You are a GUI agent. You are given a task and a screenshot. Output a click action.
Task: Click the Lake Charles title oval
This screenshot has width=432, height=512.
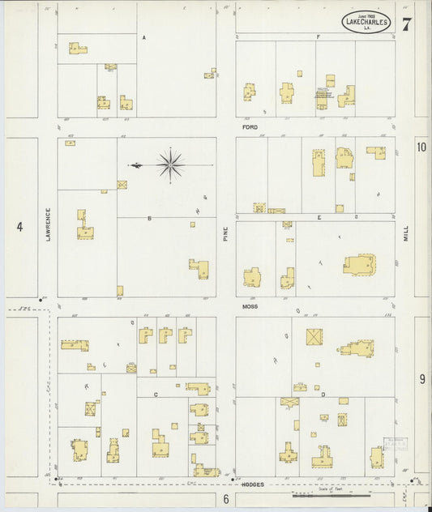[x=366, y=22]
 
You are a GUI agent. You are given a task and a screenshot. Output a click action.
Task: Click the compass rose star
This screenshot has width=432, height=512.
[x=171, y=164]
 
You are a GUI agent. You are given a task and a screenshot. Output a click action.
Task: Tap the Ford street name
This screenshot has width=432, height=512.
[x=250, y=127]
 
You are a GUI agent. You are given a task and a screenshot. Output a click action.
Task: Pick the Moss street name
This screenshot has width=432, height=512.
[x=250, y=308]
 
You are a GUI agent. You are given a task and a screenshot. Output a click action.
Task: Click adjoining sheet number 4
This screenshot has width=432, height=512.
[x=19, y=227]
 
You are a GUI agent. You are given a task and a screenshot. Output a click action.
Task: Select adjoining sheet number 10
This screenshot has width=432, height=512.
[x=421, y=147]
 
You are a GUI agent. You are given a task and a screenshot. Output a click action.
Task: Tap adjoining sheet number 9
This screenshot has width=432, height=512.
[x=421, y=378]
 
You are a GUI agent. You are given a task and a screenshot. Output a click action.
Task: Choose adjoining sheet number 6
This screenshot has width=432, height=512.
[x=226, y=499]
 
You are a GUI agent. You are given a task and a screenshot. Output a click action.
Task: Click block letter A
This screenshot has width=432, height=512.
[x=143, y=38]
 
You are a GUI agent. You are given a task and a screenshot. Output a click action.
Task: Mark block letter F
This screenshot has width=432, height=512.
[x=319, y=37]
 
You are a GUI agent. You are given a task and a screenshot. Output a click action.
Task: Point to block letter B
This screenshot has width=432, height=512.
[x=149, y=219]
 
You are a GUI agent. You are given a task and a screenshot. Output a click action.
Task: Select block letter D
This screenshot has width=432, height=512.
[x=323, y=395]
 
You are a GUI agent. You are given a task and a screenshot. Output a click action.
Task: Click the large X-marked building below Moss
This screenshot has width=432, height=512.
[x=314, y=337]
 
